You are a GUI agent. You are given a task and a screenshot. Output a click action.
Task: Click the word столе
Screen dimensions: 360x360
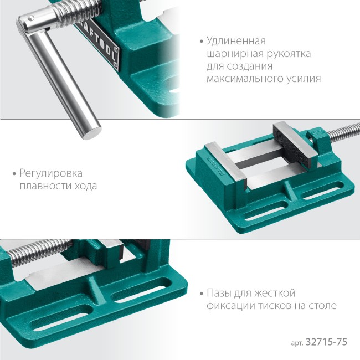(322, 306)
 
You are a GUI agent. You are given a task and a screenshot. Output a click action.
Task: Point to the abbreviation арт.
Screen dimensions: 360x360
(297, 343)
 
